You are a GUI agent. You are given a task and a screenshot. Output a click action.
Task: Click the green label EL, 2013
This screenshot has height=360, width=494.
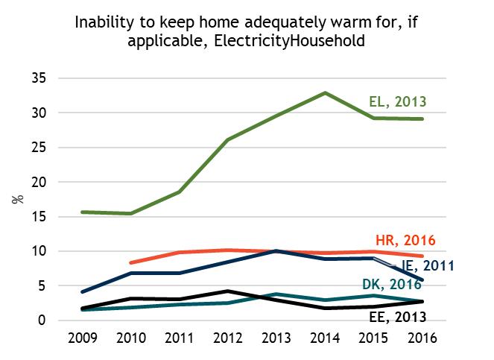(x=398, y=102)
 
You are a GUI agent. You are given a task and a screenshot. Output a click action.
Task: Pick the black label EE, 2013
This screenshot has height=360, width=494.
(x=399, y=316)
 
